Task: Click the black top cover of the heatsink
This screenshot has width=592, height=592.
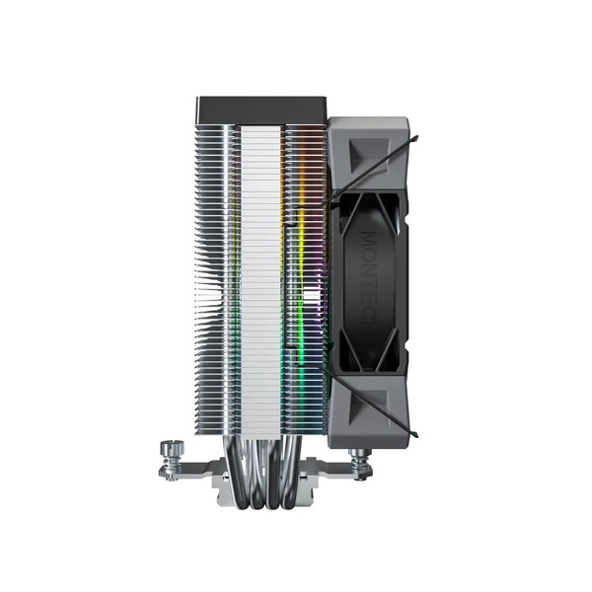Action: point(261,108)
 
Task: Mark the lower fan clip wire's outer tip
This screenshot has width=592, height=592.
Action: point(418,435)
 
